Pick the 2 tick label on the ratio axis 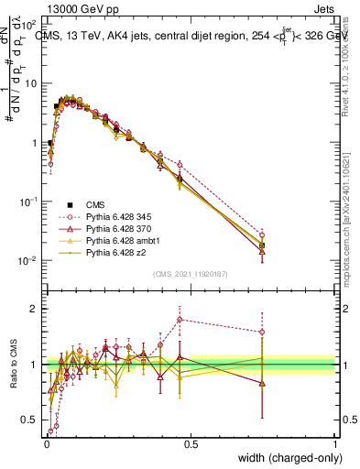(37, 308)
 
